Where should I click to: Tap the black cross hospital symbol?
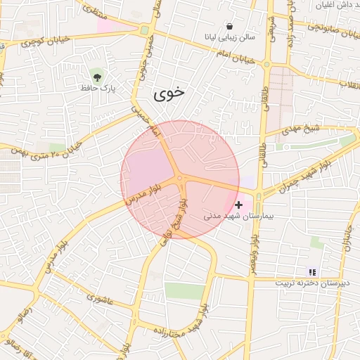[x=239, y=205]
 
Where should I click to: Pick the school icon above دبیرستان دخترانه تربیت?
[x=312, y=271]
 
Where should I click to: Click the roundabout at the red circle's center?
[x=180, y=179]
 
